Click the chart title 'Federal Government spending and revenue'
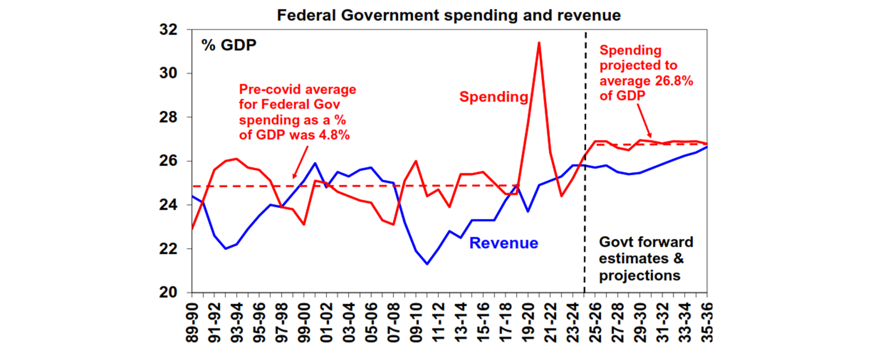449,15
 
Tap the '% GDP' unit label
229,45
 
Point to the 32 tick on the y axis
174,30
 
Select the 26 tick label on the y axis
174,161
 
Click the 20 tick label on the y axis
174,293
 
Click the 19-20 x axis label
528,323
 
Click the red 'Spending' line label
494,97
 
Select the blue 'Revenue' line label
504,243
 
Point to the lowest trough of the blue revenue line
427,264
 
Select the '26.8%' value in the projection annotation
675,81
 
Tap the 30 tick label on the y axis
174,74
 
